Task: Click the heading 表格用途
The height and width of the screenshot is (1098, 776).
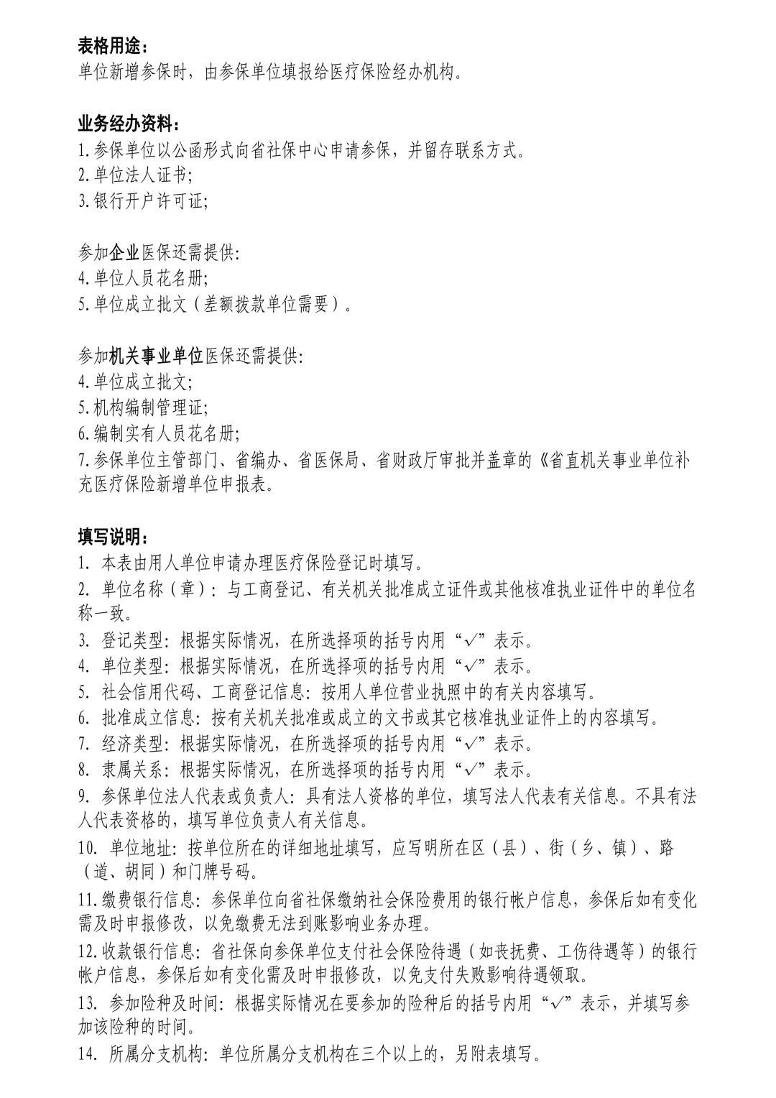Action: (x=114, y=47)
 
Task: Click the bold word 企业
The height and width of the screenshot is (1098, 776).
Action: (x=125, y=252)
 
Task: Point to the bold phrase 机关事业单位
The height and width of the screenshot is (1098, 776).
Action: (x=157, y=356)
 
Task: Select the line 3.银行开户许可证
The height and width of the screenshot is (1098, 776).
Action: (x=144, y=201)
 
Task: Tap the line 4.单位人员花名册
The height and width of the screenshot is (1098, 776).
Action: (x=144, y=278)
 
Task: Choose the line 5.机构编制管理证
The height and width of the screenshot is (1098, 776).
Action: (x=144, y=408)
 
